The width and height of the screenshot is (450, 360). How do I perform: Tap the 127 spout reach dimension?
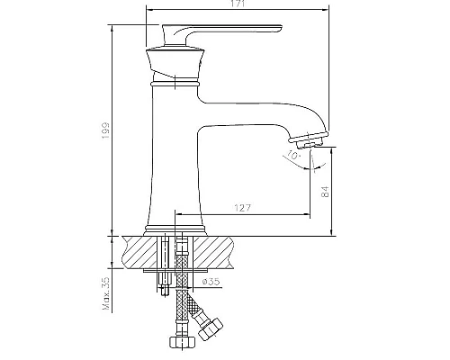[240, 208]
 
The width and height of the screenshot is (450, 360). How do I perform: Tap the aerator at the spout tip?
[308, 139]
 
